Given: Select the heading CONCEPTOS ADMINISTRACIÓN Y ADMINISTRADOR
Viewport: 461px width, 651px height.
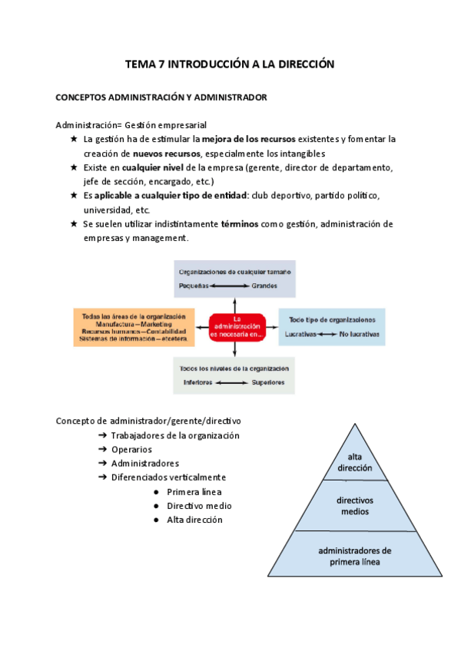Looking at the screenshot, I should pyautogui.click(x=161, y=97).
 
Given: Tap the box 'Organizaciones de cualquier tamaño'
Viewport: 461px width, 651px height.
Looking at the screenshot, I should pyautogui.click(x=234, y=279).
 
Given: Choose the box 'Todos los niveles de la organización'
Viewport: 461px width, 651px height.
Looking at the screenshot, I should pyautogui.click(x=234, y=375).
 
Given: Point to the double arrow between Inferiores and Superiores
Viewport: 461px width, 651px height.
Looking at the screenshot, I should pyautogui.click(x=232, y=382).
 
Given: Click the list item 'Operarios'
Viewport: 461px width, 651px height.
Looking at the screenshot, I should pyautogui.click(x=131, y=449).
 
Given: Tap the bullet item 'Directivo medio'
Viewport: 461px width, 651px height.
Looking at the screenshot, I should pyautogui.click(x=199, y=506).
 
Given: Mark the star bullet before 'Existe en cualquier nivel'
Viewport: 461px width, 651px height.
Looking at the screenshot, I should pyautogui.click(x=74, y=167).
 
